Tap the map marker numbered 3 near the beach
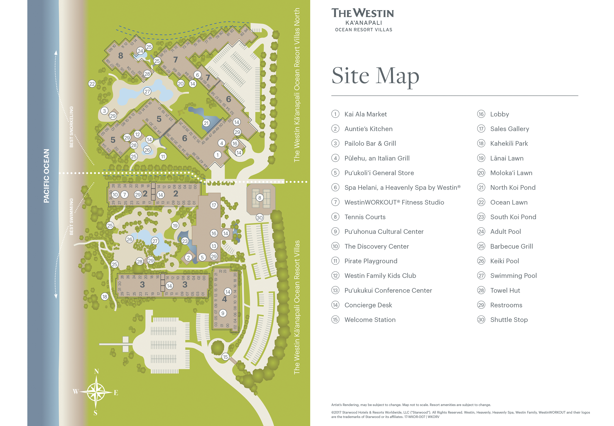point(104,111)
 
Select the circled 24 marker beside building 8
point(140,51)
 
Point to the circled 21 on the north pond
point(206,123)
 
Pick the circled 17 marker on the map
point(213,205)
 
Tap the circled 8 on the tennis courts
point(259,198)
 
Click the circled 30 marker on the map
point(259,218)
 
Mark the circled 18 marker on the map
point(105,297)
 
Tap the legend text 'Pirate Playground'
point(371,261)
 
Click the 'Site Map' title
point(375,76)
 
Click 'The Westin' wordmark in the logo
point(363,13)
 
